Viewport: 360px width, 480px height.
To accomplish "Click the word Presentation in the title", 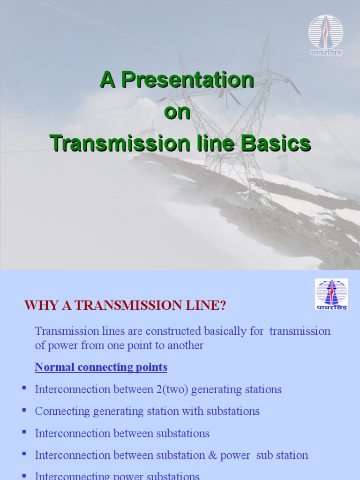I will click(x=188, y=81).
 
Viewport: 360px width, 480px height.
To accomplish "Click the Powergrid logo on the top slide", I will click(x=325, y=35).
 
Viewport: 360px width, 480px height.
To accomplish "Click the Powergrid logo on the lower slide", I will click(x=331, y=294).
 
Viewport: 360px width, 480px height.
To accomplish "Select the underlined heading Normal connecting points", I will click(x=101, y=367).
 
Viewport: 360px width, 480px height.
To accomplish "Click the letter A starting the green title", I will click(x=107, y=81).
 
